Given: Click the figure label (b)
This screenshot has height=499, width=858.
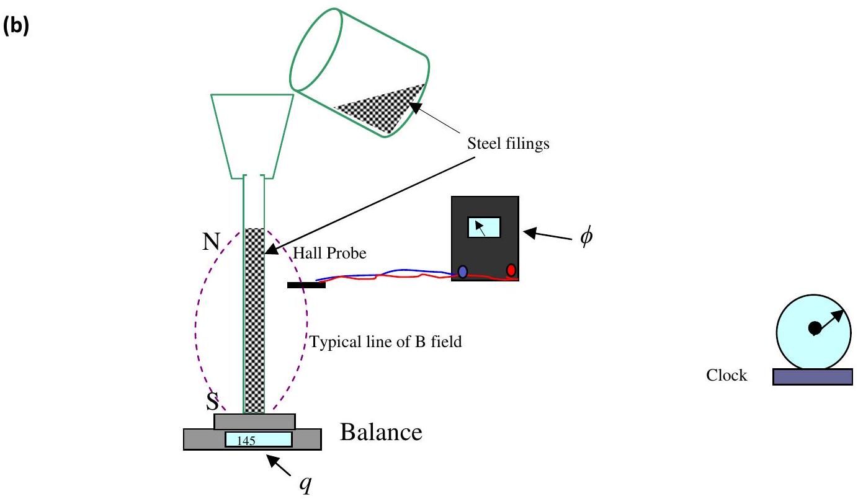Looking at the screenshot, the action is (x=16, y=27).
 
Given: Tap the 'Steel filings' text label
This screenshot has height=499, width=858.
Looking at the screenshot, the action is (x=508, y=144).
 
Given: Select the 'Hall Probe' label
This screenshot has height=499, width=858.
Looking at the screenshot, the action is (x=329, y=254).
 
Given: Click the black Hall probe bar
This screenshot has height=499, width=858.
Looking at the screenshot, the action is (x=306, y=285).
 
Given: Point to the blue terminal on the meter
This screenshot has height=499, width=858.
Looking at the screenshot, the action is (x=463, y=272).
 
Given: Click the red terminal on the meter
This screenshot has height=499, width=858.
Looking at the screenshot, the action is (x=511, y=270).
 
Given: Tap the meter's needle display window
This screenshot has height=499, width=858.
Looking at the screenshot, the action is (x=484, y=227).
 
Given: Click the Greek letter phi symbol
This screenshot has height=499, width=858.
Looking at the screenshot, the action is (x=586, y=236).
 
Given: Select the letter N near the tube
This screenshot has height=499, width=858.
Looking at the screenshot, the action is (x=211, y=242).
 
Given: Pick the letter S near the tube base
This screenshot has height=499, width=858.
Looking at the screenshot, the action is (x=212, y=402).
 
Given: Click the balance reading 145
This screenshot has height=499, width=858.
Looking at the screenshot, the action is (x=246, y=441).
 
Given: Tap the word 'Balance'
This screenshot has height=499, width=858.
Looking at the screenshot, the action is (x=381, y=433).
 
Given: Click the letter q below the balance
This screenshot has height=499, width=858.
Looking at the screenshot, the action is (x=305, y=484).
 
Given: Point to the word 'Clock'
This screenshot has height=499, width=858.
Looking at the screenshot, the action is (x=726, y=375).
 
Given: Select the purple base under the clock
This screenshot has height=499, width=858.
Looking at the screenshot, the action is (x=813, y=376).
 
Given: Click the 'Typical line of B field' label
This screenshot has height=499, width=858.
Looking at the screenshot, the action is (x=385, y=342).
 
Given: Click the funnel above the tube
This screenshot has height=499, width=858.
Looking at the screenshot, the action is (x=252, y=136).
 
